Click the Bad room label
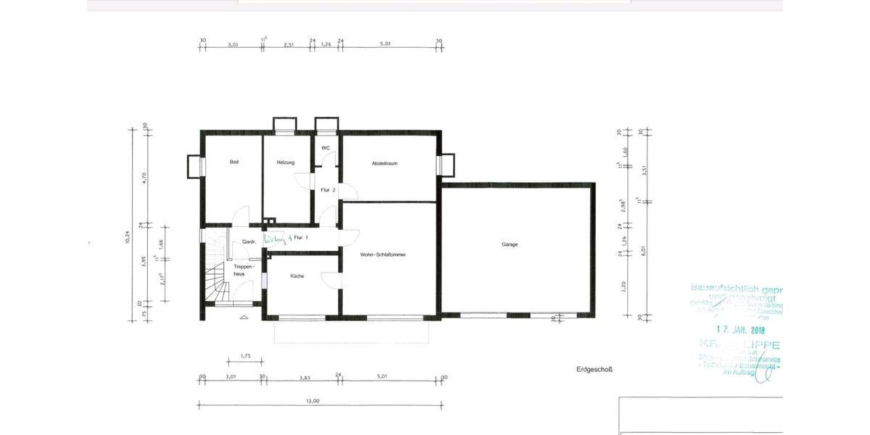coord(234,162)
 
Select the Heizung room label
coord(286,162)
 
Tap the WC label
coord(326,148)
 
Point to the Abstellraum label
coord(384,163)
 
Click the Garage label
coord(510,244)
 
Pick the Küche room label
coord(297,276)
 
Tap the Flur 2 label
coord(328,190)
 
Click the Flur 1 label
coord(302,238)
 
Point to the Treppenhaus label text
coord(242,270)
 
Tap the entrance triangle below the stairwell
coord(243,317)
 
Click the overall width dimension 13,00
coord(312,401)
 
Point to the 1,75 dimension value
coord(244,355)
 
